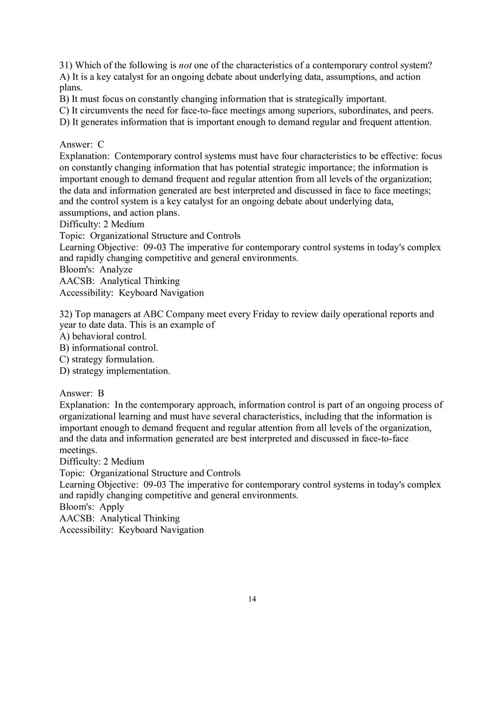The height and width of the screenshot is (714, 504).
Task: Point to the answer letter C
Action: point(101,145)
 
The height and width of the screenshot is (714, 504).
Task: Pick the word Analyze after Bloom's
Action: point(116,270)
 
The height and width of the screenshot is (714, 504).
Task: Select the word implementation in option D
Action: point(138,371)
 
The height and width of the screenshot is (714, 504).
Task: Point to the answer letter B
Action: point(101,393)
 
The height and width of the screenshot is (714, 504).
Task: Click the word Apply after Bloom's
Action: point(112,507)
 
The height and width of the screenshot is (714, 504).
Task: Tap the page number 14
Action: point(252,599)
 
